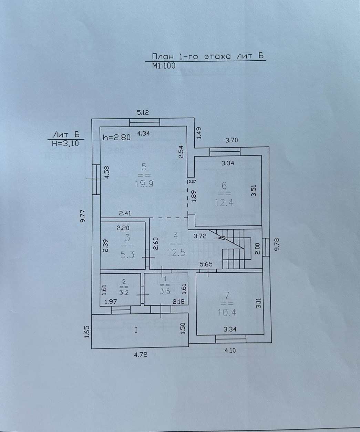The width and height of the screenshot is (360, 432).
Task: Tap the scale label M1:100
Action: pyautogui.click(x=164, y=66)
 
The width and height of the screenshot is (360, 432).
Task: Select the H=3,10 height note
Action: pyautogui.click(x=65, y=144)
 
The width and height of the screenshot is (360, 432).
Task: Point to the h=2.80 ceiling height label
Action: pyautogui.click(x=117, y=137)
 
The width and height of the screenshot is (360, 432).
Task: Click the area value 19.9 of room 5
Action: pyautogui.click(x=144, y=183)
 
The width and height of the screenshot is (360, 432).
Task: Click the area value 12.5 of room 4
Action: pyautogui.click(x=176, y=252)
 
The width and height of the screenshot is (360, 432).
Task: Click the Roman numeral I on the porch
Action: pyautogui.click(x=136, y=330)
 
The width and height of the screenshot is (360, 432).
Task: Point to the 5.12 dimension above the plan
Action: pyautogui.click(x=143, y=112)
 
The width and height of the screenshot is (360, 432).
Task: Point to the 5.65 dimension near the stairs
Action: pyautogui.click(x=207, y=264)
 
